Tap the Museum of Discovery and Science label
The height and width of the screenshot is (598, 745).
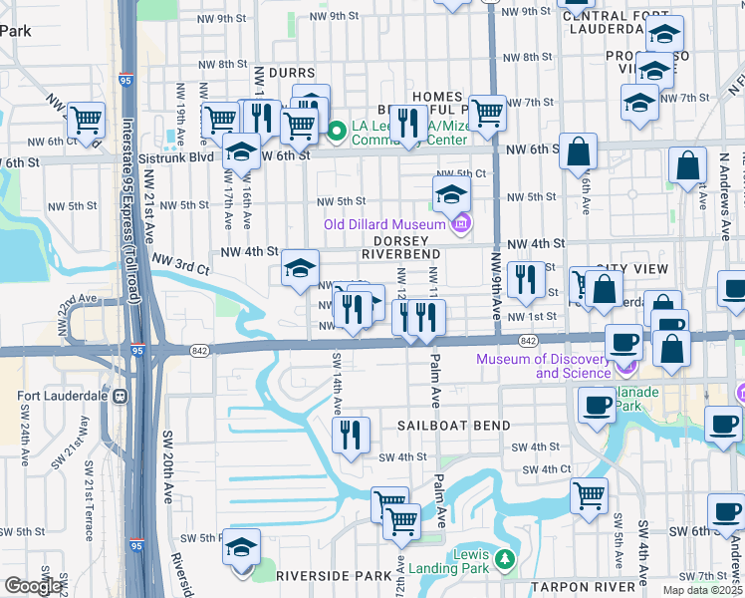point(543,366)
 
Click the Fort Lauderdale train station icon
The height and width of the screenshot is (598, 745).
point(121,395)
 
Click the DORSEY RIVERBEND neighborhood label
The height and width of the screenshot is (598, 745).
point(401,247)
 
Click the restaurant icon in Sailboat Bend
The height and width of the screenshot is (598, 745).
point(350,435)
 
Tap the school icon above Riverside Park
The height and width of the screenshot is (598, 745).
point(240,550)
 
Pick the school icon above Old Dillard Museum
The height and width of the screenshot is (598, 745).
point(451,192)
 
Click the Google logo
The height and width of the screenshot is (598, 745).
point(33,586)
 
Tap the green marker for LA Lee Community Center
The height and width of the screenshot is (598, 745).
point(337,129)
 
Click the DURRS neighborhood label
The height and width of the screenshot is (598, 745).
point(293,73)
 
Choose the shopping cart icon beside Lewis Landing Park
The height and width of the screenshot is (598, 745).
point(401,519)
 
